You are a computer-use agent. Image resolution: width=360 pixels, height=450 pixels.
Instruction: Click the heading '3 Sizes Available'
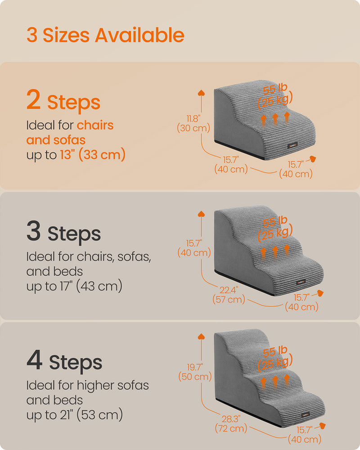point(105,35)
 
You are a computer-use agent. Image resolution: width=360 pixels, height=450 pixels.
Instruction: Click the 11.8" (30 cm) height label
point(193,123)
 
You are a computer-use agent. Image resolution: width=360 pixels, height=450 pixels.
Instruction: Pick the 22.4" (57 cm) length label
point(229,294)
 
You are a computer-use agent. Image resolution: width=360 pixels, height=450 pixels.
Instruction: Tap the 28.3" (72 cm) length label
point(231,423)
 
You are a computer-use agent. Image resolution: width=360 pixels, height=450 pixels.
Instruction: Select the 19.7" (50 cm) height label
point(195,372)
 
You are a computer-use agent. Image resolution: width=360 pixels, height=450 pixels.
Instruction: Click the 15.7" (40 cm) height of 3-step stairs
point(194,248)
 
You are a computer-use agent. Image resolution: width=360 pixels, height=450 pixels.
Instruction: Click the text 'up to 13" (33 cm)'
point(76,154)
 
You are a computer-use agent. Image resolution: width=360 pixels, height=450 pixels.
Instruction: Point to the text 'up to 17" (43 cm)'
point(74,286)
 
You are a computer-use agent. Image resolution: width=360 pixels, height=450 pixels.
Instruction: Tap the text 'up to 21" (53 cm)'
point(75,415)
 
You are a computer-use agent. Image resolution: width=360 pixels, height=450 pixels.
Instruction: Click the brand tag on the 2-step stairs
point(292,145)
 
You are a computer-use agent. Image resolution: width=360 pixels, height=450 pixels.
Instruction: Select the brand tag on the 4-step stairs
point(305,415)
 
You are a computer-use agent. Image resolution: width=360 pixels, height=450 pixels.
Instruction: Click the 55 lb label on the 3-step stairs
point(275,221)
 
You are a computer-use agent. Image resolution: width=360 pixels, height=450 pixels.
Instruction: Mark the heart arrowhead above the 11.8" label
point(201,93)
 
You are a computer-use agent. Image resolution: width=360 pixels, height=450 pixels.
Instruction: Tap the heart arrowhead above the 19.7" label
point(201,336)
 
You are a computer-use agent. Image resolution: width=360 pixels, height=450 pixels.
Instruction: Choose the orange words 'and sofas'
point(56,140)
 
